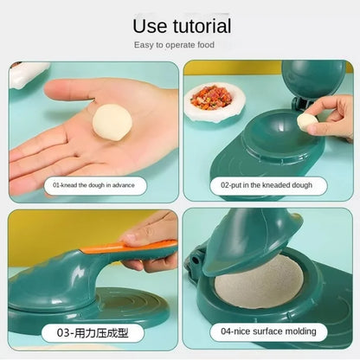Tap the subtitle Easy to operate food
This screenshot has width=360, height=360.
click(x=179, y=45)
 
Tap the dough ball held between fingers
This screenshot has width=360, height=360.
click(x=305, y=121)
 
